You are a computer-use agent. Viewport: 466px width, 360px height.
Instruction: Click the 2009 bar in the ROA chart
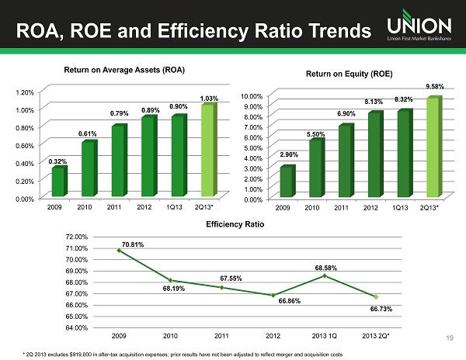pos(57,181)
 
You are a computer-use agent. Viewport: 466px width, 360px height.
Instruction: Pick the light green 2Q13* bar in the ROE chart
pos(433,147)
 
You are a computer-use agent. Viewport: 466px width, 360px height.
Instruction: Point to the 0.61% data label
pos(87,133)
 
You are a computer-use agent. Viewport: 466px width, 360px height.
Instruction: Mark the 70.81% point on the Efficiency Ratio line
pos(119,250)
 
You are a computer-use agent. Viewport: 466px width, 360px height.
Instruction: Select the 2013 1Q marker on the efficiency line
pos(325,275)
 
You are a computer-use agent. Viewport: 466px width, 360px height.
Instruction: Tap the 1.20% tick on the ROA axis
pos(25,92)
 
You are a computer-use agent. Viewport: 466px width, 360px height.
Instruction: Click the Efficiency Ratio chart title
pos(235,224)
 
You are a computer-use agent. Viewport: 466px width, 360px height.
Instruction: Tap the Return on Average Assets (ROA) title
pos(124,71)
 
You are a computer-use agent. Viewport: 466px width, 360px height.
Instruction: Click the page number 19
pos(450,338)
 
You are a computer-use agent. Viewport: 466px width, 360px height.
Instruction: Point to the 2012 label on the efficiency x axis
pos(273,335)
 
